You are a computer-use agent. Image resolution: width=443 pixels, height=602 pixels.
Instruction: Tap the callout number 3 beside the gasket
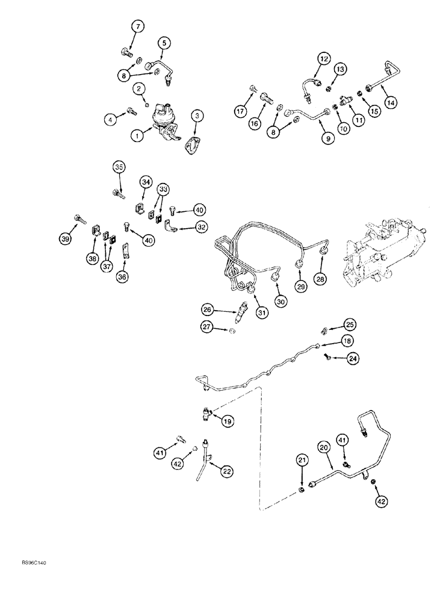coord(197,116)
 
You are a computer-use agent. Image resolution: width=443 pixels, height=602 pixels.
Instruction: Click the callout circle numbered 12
coord(324,59)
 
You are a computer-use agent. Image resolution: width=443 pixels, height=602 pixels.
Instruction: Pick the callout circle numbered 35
coord(119,167)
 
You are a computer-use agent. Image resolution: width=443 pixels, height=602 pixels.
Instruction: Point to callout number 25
coord(350,324)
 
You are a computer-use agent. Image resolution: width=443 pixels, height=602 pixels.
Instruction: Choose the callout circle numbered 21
coord(302,461)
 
